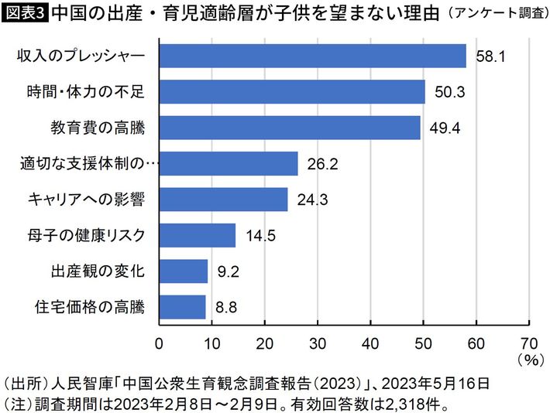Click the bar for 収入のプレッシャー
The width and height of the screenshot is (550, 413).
312,56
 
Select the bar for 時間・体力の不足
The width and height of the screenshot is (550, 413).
292,92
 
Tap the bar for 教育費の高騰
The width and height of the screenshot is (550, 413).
290,128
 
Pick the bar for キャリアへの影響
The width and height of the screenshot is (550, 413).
223,200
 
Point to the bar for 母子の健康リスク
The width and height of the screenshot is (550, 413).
197,235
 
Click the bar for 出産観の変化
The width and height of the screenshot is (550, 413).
184,271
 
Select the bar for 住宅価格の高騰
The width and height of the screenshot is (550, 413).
182,307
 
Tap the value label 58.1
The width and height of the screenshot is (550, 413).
491,57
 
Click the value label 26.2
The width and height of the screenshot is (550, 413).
323,164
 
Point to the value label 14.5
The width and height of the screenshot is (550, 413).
260,236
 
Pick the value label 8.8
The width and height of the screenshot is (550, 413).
226,308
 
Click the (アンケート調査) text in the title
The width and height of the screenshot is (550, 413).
496,14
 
